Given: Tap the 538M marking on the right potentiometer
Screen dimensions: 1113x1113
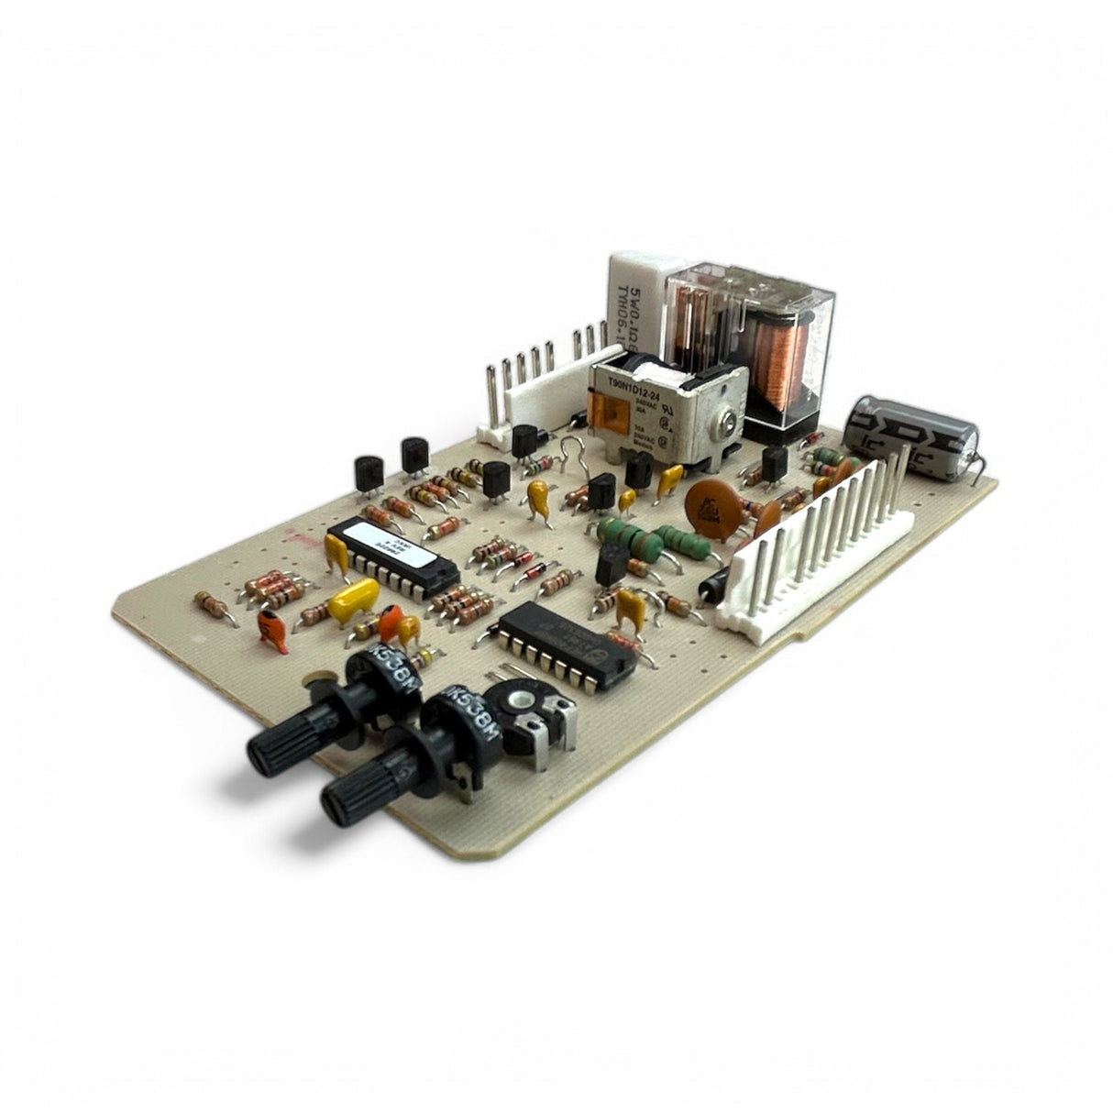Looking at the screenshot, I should pos(470,720).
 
